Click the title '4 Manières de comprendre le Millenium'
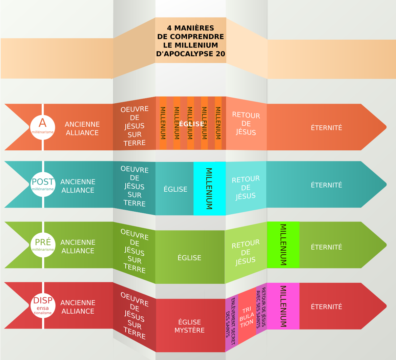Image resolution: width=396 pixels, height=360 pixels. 191,41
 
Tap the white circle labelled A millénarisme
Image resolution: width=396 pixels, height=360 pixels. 42,127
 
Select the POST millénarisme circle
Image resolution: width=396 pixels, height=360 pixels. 43,184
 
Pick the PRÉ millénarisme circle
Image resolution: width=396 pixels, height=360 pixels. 43,245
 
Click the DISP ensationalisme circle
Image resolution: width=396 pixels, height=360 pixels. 43,305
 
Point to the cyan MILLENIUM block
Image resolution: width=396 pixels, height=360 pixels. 209,188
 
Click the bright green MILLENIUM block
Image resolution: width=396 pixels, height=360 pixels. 283,245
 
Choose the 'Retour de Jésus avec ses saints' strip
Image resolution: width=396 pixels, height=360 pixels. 261,308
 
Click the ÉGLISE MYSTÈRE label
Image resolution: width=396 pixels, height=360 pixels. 190,326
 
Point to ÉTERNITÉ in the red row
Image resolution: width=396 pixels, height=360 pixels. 327,307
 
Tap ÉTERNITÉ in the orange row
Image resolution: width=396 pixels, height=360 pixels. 327,128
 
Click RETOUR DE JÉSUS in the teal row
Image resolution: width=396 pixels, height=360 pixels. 246,187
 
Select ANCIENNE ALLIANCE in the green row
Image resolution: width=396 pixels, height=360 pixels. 78,247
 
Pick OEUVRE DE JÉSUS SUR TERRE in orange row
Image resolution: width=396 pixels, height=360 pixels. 134,126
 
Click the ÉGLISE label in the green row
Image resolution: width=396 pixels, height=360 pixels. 189,258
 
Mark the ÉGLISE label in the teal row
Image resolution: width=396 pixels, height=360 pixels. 175,189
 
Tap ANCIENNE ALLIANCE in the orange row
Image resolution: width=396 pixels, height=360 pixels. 82,128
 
